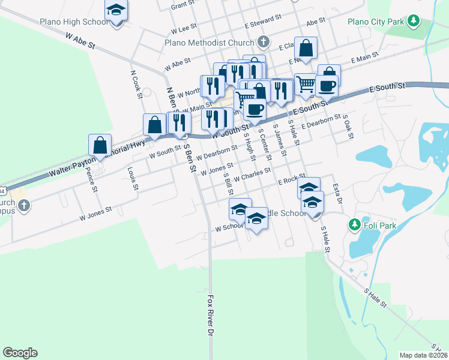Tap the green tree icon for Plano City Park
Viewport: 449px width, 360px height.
[x=413, y=22]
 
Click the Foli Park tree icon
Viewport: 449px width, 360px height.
[x=354, y=225]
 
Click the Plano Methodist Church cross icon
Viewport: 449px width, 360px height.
[x=262, y=42]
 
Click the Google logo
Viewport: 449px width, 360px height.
[x=20, y=353]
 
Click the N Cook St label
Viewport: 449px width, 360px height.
[x=136, y=83]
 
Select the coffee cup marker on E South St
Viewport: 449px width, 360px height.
[x=327, y=85]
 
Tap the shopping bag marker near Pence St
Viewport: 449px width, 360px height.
[x=100, y=145]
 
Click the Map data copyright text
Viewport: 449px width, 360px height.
[x=424, y=355]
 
